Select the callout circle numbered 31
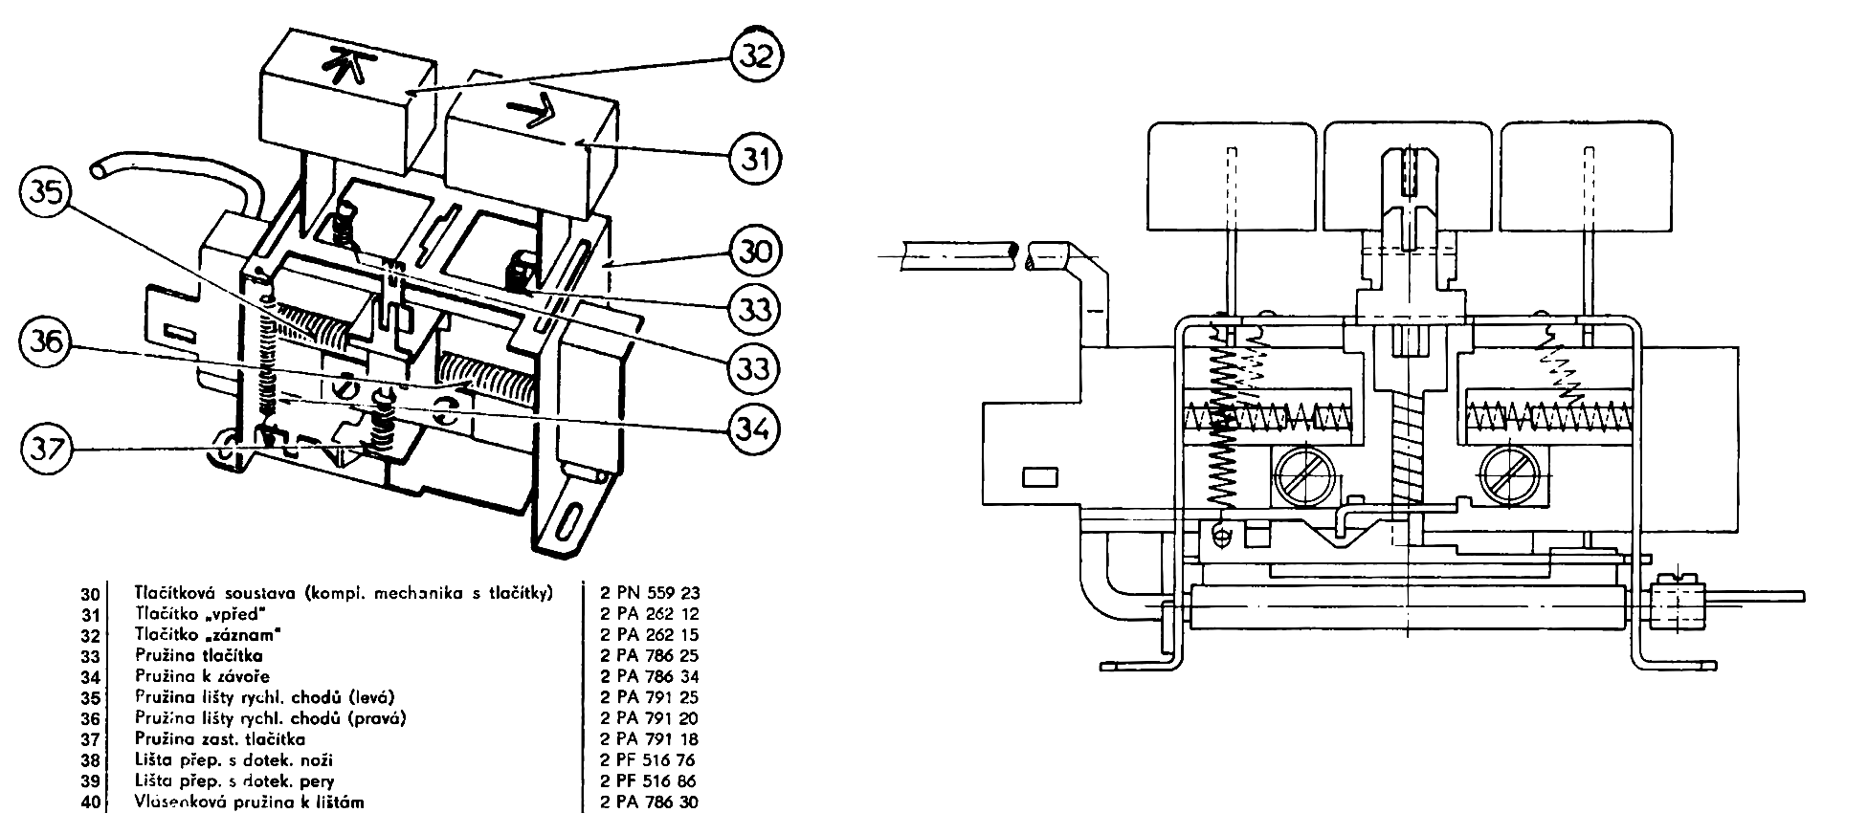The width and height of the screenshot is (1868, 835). click(756, 157)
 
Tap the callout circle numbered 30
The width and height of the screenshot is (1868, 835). click(756, 252)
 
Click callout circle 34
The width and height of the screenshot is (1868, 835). click(756, 426)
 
